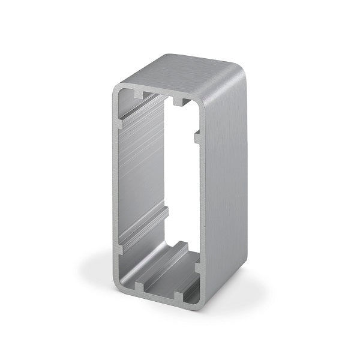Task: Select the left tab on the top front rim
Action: click(139, 95)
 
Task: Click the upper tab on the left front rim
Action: click(119, 124)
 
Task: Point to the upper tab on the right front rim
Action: click(199, 137)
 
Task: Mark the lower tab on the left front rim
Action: click(119, 248)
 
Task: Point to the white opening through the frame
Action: click(180, 180)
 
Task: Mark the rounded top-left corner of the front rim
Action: click(115, 88)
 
